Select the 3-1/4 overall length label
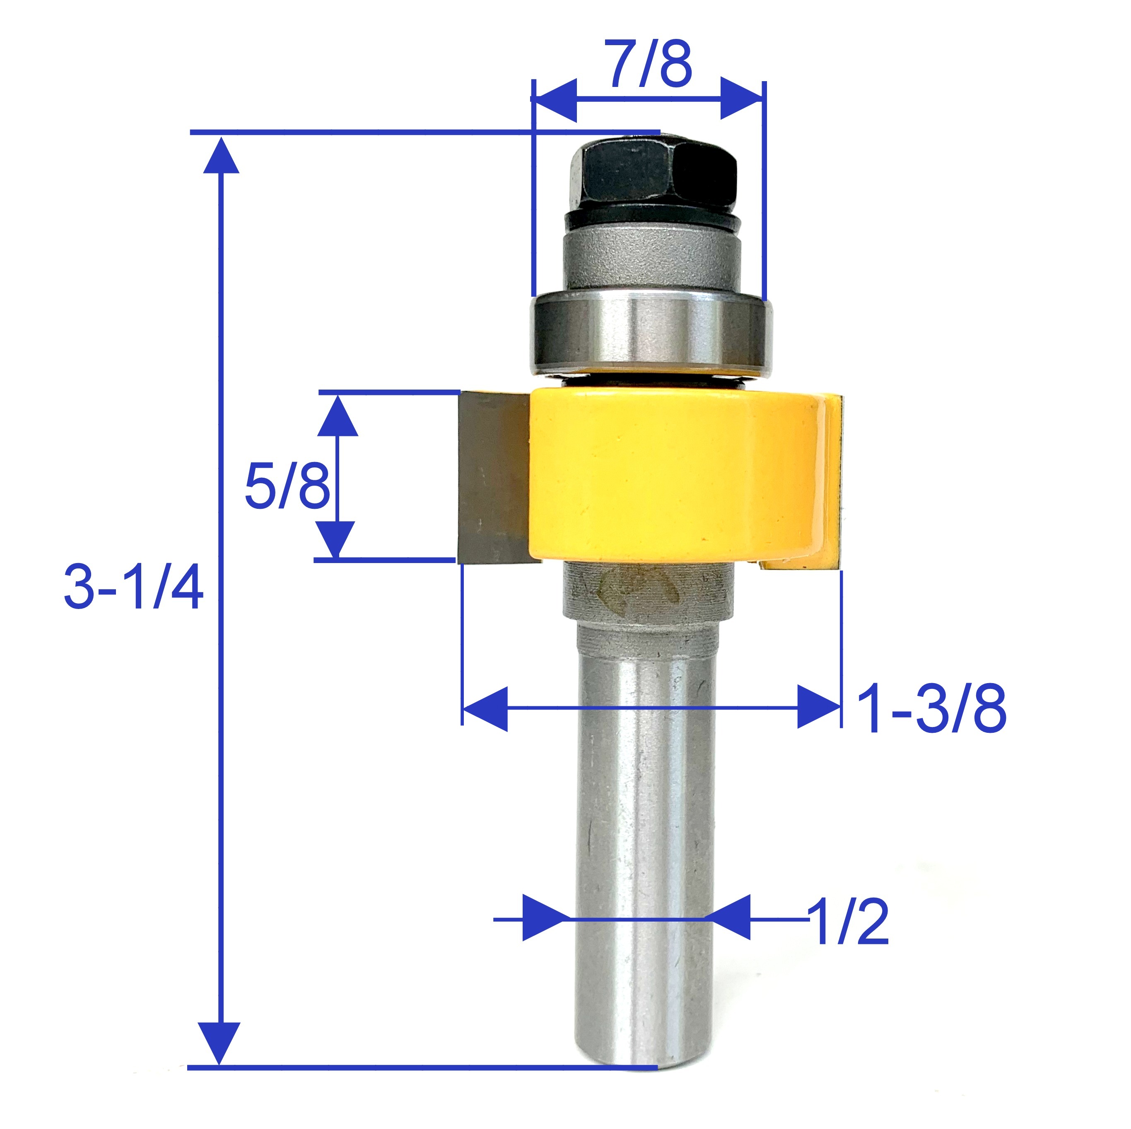coord(133,587)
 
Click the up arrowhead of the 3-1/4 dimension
coord(221,155)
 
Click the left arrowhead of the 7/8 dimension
coord(556,98)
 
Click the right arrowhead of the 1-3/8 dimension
coord(818,709)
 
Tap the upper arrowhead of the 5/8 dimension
coord(337,414)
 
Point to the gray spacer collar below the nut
coord(651,260)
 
